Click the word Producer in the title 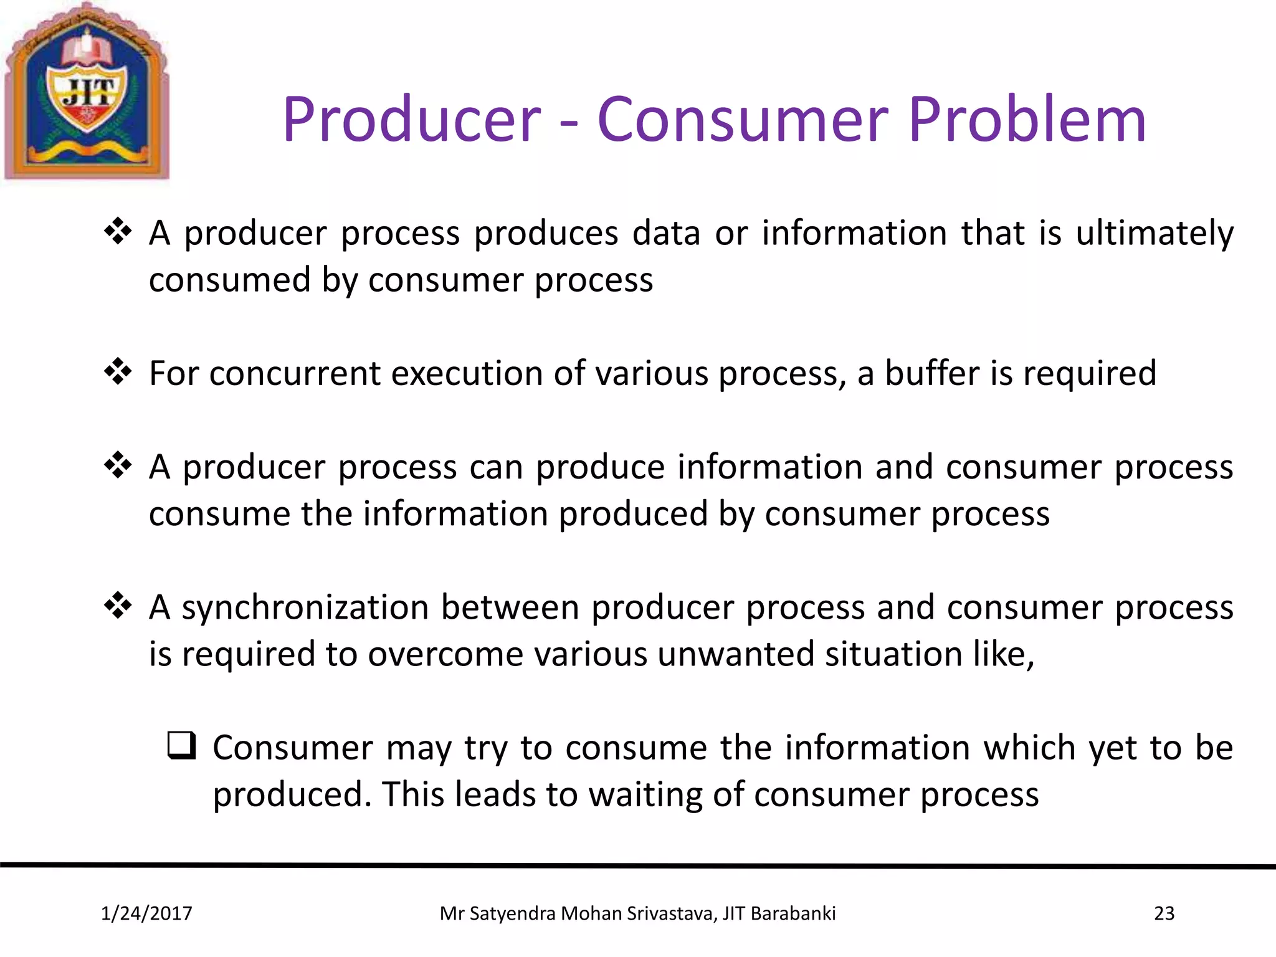tap(411, 120)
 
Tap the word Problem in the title tap(1027, 120)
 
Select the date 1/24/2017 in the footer tap(146, 913)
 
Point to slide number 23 tap(1164, 913)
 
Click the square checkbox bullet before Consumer tap(181, 746)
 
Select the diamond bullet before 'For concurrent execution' tap(118, 372)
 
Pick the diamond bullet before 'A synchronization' tap(118, 606)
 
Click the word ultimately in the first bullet tap(1155, 234)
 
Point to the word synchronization tap(305, 607)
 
